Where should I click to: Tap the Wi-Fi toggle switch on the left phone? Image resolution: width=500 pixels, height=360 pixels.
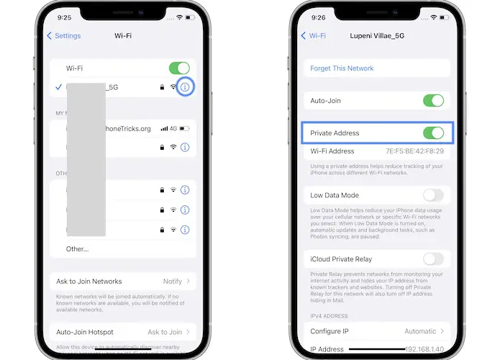coord(178,68)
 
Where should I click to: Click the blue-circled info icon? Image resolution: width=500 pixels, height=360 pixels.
coord(185,87)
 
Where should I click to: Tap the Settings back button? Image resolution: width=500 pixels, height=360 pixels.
coord(64,35)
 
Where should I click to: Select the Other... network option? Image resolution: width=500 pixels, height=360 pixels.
coord(78,249)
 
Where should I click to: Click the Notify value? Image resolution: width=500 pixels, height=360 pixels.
coord(172,282)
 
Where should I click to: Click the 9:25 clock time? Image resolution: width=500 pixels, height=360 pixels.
coord(64,17)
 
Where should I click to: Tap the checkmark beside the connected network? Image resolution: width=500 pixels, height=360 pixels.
coord(58,87)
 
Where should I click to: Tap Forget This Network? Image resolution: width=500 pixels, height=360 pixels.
coord(342,68)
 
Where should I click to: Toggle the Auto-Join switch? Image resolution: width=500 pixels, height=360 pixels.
coord(433,101)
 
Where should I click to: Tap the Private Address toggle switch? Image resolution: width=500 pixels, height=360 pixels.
coord(433,133)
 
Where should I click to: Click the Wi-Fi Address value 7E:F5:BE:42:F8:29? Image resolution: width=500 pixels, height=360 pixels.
coord(415,151)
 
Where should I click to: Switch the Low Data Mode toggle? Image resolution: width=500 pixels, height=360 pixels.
coord(433,195)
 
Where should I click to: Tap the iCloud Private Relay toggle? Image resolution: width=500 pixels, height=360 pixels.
coord(433,259)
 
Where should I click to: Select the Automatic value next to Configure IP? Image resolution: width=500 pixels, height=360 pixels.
coord(420,331)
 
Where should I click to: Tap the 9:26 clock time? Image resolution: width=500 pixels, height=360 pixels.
coord(319,17)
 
